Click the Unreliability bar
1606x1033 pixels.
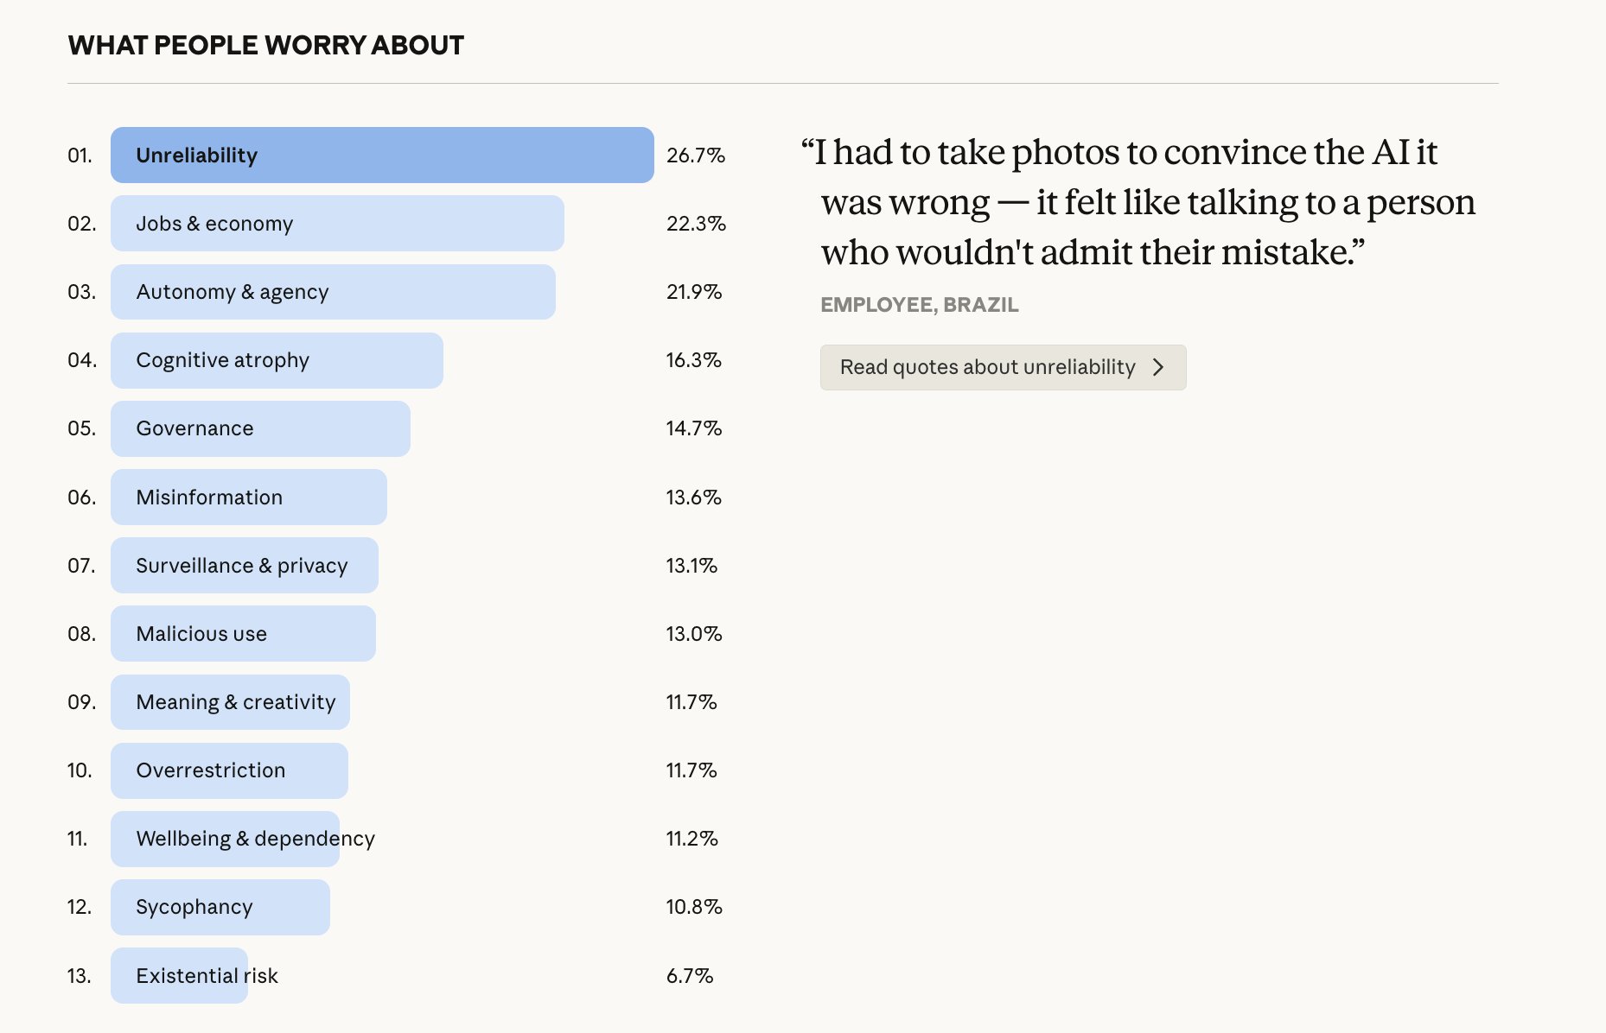coord(381,155)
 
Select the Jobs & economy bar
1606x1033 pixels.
coord(337,224)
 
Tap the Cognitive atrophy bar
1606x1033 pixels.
coord(277,360)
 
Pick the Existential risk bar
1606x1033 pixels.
coord(179,976)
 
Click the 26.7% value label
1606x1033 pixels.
coord(695,155)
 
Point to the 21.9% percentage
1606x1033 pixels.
coord(693,292)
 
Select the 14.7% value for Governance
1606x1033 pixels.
coord(693,428)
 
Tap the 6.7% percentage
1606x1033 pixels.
coord(689,976)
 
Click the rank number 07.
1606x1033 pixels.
coord(81,566)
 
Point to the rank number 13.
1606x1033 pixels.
coord(79,976)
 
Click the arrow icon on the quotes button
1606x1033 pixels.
coord(1158,367)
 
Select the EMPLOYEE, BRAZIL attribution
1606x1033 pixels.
coord(919,305)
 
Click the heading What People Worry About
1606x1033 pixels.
coord(266,45)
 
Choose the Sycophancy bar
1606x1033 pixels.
coord(220,907)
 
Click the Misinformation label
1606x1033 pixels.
coord(209,497)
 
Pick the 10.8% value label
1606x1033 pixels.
coord(693,907)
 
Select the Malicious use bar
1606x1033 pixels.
coord(243,634)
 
